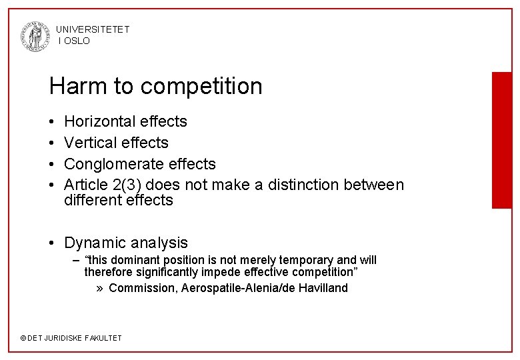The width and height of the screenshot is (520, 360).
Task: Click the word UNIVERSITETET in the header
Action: click(93, 29)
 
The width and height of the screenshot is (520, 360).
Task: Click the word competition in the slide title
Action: click(201, 87)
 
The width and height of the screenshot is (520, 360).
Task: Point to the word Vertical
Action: click(89, 143)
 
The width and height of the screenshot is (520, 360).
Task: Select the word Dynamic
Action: click(95, 243)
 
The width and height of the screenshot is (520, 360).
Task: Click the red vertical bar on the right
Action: click(501, 140)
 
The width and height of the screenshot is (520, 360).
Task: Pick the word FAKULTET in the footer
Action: click(103, 338)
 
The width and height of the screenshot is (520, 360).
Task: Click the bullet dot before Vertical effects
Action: click(52, 143)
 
